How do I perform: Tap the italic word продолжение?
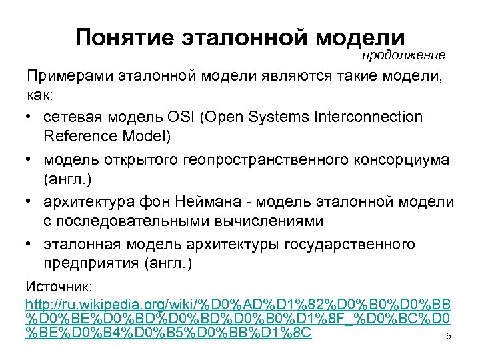[x=403, y=55]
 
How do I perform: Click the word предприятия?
[x=90, y=263]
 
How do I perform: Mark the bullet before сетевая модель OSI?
[x=31, y=117]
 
